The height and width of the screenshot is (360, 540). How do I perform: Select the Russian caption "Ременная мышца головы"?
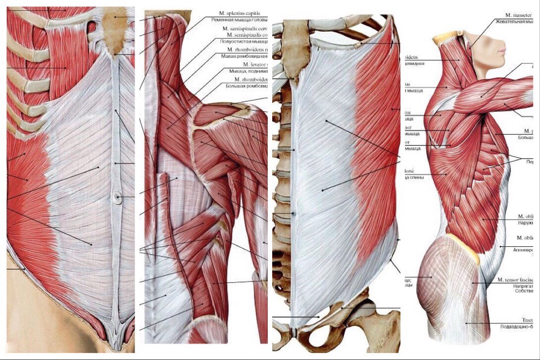click(239, 20)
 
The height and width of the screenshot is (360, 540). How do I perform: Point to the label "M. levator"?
click(254, 64)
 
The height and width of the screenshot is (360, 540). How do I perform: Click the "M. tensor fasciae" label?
click(518, 280)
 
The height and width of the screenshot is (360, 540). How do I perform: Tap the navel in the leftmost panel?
click(117, 197)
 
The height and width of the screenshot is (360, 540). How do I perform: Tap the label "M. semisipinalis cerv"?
click(245, 28)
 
